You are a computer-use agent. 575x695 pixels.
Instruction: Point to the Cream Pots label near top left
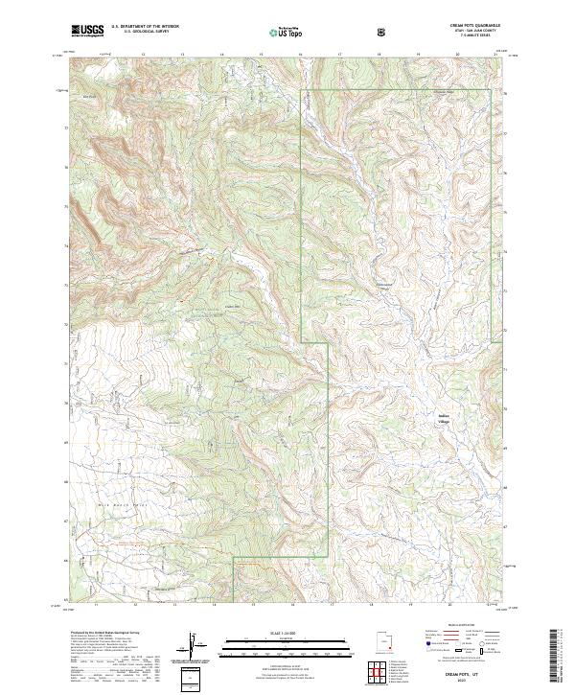point(91,97)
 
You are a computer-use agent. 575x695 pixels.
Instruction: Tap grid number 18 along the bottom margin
point(380,606)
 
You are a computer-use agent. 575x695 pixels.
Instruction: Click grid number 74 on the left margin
point(66,246)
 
